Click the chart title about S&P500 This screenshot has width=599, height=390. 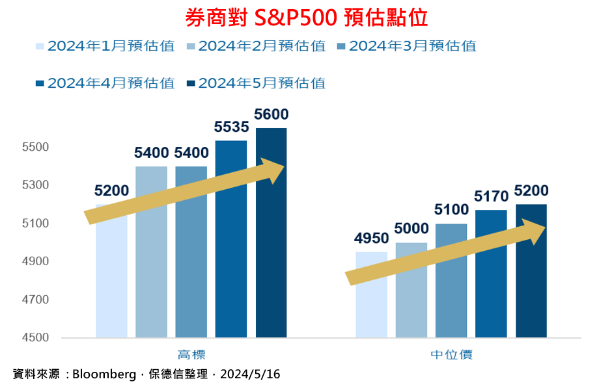tap(306, 18)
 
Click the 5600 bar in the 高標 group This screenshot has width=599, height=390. tap(271, 260)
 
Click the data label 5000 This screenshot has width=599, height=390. tap(411, 229)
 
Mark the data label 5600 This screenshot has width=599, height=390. tap(271, 115)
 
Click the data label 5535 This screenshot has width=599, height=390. tap(231, 127)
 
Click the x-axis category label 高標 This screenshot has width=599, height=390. tap(191, 355)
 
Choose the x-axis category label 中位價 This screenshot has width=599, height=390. tap(451, 355)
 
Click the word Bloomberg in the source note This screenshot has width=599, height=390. tap(102, 375)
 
